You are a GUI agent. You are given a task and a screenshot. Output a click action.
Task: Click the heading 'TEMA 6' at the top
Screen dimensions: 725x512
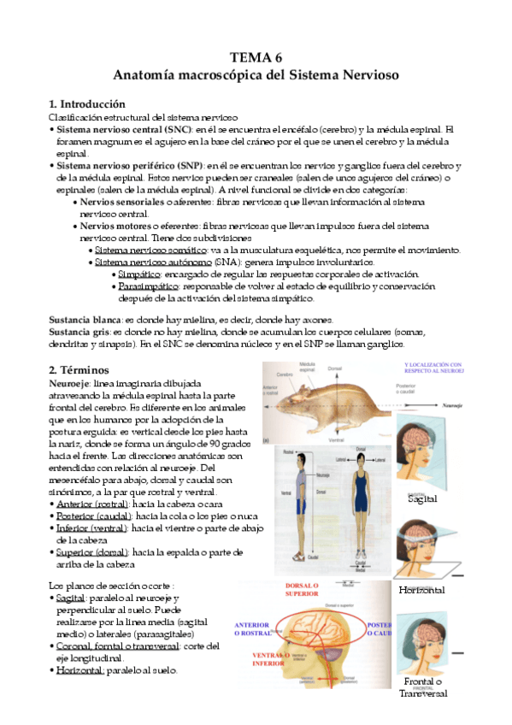(x=256, y=58)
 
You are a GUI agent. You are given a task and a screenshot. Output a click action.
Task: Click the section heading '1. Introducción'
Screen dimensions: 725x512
(x=88, y=103)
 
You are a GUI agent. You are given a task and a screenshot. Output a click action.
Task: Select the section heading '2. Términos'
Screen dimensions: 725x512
(x=79, y=370)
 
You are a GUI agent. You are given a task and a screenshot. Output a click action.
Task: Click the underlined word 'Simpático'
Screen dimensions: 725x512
(x=141, y=274)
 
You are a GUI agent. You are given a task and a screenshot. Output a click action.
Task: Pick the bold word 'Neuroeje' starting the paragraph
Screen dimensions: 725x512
(x=70, y=385)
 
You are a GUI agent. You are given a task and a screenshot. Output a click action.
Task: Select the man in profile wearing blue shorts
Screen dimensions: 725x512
(x=299, y=496)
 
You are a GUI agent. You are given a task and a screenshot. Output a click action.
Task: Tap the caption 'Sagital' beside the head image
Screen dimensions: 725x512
(x=422, y=498)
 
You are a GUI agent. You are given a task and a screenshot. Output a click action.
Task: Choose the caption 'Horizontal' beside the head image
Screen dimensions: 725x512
(x=422, y=590)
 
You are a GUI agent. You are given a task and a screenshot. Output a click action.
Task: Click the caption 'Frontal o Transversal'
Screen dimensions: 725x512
(x=422, y=687)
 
